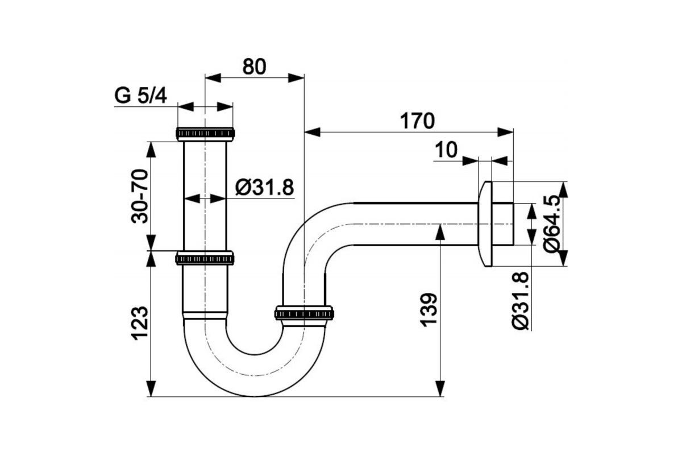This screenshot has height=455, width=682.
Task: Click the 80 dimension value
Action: click(x=254, y=67)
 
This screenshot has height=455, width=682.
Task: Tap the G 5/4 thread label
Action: click(x=140, y=96)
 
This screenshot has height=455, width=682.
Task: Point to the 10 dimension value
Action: click(x=447, y=150)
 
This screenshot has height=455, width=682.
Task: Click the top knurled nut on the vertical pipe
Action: click(x=205, y=134)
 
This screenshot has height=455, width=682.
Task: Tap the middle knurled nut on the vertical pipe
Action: click(x=205, y=258)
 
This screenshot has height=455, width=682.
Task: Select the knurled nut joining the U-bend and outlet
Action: click(x=304, y=313)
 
